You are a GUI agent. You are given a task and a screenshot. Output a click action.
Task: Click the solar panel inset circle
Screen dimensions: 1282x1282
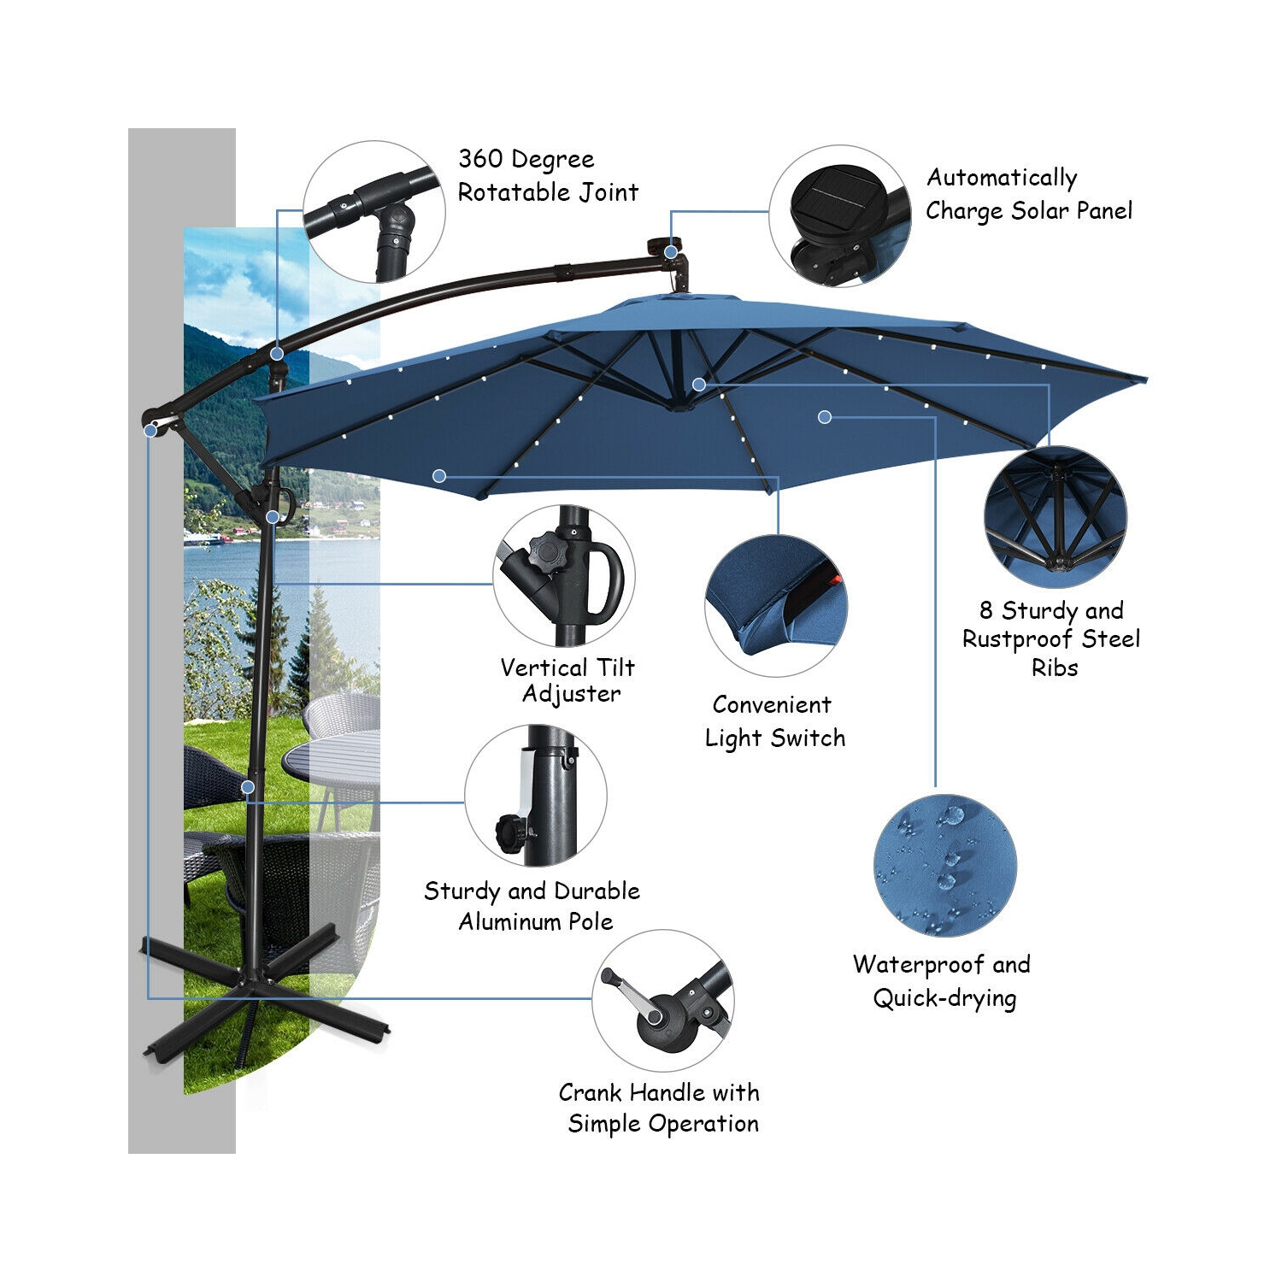tap(839, 215)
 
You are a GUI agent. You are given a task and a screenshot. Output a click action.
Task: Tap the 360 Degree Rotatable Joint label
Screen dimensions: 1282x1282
tap(548, 175)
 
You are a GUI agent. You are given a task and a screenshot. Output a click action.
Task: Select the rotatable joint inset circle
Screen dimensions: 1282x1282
tap(373, 212)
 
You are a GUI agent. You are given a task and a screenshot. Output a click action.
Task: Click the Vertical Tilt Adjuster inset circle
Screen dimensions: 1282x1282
tap(564, 576)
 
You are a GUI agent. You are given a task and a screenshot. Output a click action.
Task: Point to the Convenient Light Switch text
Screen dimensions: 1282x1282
tap(774, 721)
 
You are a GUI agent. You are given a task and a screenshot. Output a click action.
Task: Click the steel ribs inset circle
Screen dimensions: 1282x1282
tap(1055, 517)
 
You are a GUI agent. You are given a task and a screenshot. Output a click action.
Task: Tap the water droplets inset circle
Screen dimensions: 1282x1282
tap(944, 865)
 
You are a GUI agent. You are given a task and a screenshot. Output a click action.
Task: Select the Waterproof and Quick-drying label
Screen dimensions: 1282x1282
tap(943, 981)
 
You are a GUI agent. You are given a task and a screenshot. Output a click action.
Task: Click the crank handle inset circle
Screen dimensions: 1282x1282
tap(662, 1001)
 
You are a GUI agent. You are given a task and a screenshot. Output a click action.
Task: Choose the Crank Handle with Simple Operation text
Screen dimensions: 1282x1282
tap(660, 1108)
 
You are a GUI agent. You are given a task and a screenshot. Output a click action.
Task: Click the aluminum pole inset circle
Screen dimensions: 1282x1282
tap(536, 796)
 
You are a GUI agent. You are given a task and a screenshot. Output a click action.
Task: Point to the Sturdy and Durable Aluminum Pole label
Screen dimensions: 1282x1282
tap(532, 906)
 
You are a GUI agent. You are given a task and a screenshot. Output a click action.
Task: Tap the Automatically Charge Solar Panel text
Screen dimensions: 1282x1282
tap(1028, 194)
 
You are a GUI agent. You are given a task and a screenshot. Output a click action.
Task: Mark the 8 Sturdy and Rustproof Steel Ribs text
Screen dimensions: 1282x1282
tap(1051, 638)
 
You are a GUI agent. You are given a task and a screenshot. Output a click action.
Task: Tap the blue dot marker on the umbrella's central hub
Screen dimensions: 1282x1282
tap(699, 385)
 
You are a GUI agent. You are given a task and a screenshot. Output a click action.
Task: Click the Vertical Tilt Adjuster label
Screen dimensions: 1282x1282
tap(568, 680)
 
